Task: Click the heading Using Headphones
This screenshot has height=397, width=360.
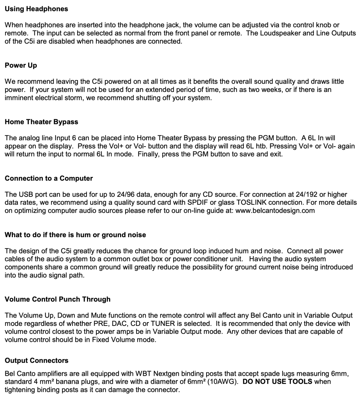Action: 36,9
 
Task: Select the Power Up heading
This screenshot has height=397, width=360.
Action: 21,65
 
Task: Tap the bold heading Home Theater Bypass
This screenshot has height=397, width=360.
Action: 41,122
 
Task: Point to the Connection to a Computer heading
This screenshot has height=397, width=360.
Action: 49,178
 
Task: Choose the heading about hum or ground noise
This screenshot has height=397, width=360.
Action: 75,235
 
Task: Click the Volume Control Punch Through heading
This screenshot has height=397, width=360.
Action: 58,299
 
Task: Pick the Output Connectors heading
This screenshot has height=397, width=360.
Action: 36,360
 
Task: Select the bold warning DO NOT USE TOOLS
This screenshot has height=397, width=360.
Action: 277,381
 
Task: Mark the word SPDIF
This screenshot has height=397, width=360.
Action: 198,202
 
